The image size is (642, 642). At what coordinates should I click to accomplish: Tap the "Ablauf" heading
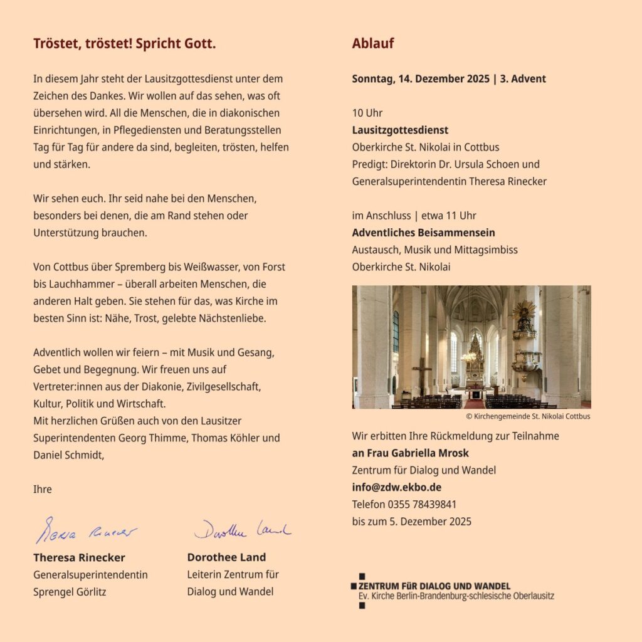pyautogui.click(x=372, y=44)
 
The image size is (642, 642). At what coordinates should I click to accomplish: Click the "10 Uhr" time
pyautogui.click(x=367, y=113)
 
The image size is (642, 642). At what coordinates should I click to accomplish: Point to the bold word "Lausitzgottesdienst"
pyautogui.click(x=400, y=130)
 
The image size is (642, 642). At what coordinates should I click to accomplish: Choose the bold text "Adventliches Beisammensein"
pyautogui.click(x=423, y=233)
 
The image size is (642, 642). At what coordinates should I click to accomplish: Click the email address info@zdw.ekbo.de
pyautogui.click(x=396, y=487)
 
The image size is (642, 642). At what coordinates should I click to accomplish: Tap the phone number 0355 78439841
pyautogui.click(x=422, y=504)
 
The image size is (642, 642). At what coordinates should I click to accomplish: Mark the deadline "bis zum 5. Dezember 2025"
pyautogui.click(x=411, y=521)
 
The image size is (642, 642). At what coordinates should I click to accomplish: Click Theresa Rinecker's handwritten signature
pyautogui.click(x=85, y=531)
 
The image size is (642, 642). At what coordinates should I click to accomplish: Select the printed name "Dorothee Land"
pyautogui.click(x=226, y=557)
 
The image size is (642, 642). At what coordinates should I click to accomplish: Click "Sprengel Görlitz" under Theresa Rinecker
pyautogui.click(x=70, y=591)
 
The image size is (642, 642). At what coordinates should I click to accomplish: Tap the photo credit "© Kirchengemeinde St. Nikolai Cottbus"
pyautogui.click(x=528, y=416)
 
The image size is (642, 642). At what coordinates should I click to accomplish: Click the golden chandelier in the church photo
pyautogui.click(x=468, y=355)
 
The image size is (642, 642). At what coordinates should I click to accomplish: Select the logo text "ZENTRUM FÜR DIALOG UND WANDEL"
pyautogui.click(x=433, y=586)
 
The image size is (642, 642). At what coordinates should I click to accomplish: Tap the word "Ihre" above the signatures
pyautogui.click(x=43, y=489)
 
